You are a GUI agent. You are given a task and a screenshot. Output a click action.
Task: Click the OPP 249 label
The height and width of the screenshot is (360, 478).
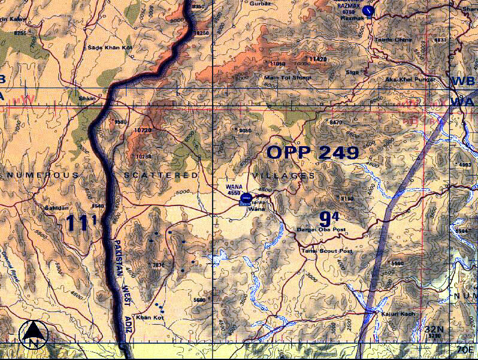[x=313, y=152]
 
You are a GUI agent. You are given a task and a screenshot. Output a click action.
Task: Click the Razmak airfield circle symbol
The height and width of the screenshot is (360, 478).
[x=368, y=10]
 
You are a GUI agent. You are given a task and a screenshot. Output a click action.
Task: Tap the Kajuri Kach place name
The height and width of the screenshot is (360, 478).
[x=393, y=313]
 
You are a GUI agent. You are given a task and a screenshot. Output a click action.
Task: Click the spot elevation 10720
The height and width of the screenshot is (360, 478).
[x=143, y=130]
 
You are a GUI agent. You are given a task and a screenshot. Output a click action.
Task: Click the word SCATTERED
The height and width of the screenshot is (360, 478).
[x=161, y=175]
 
